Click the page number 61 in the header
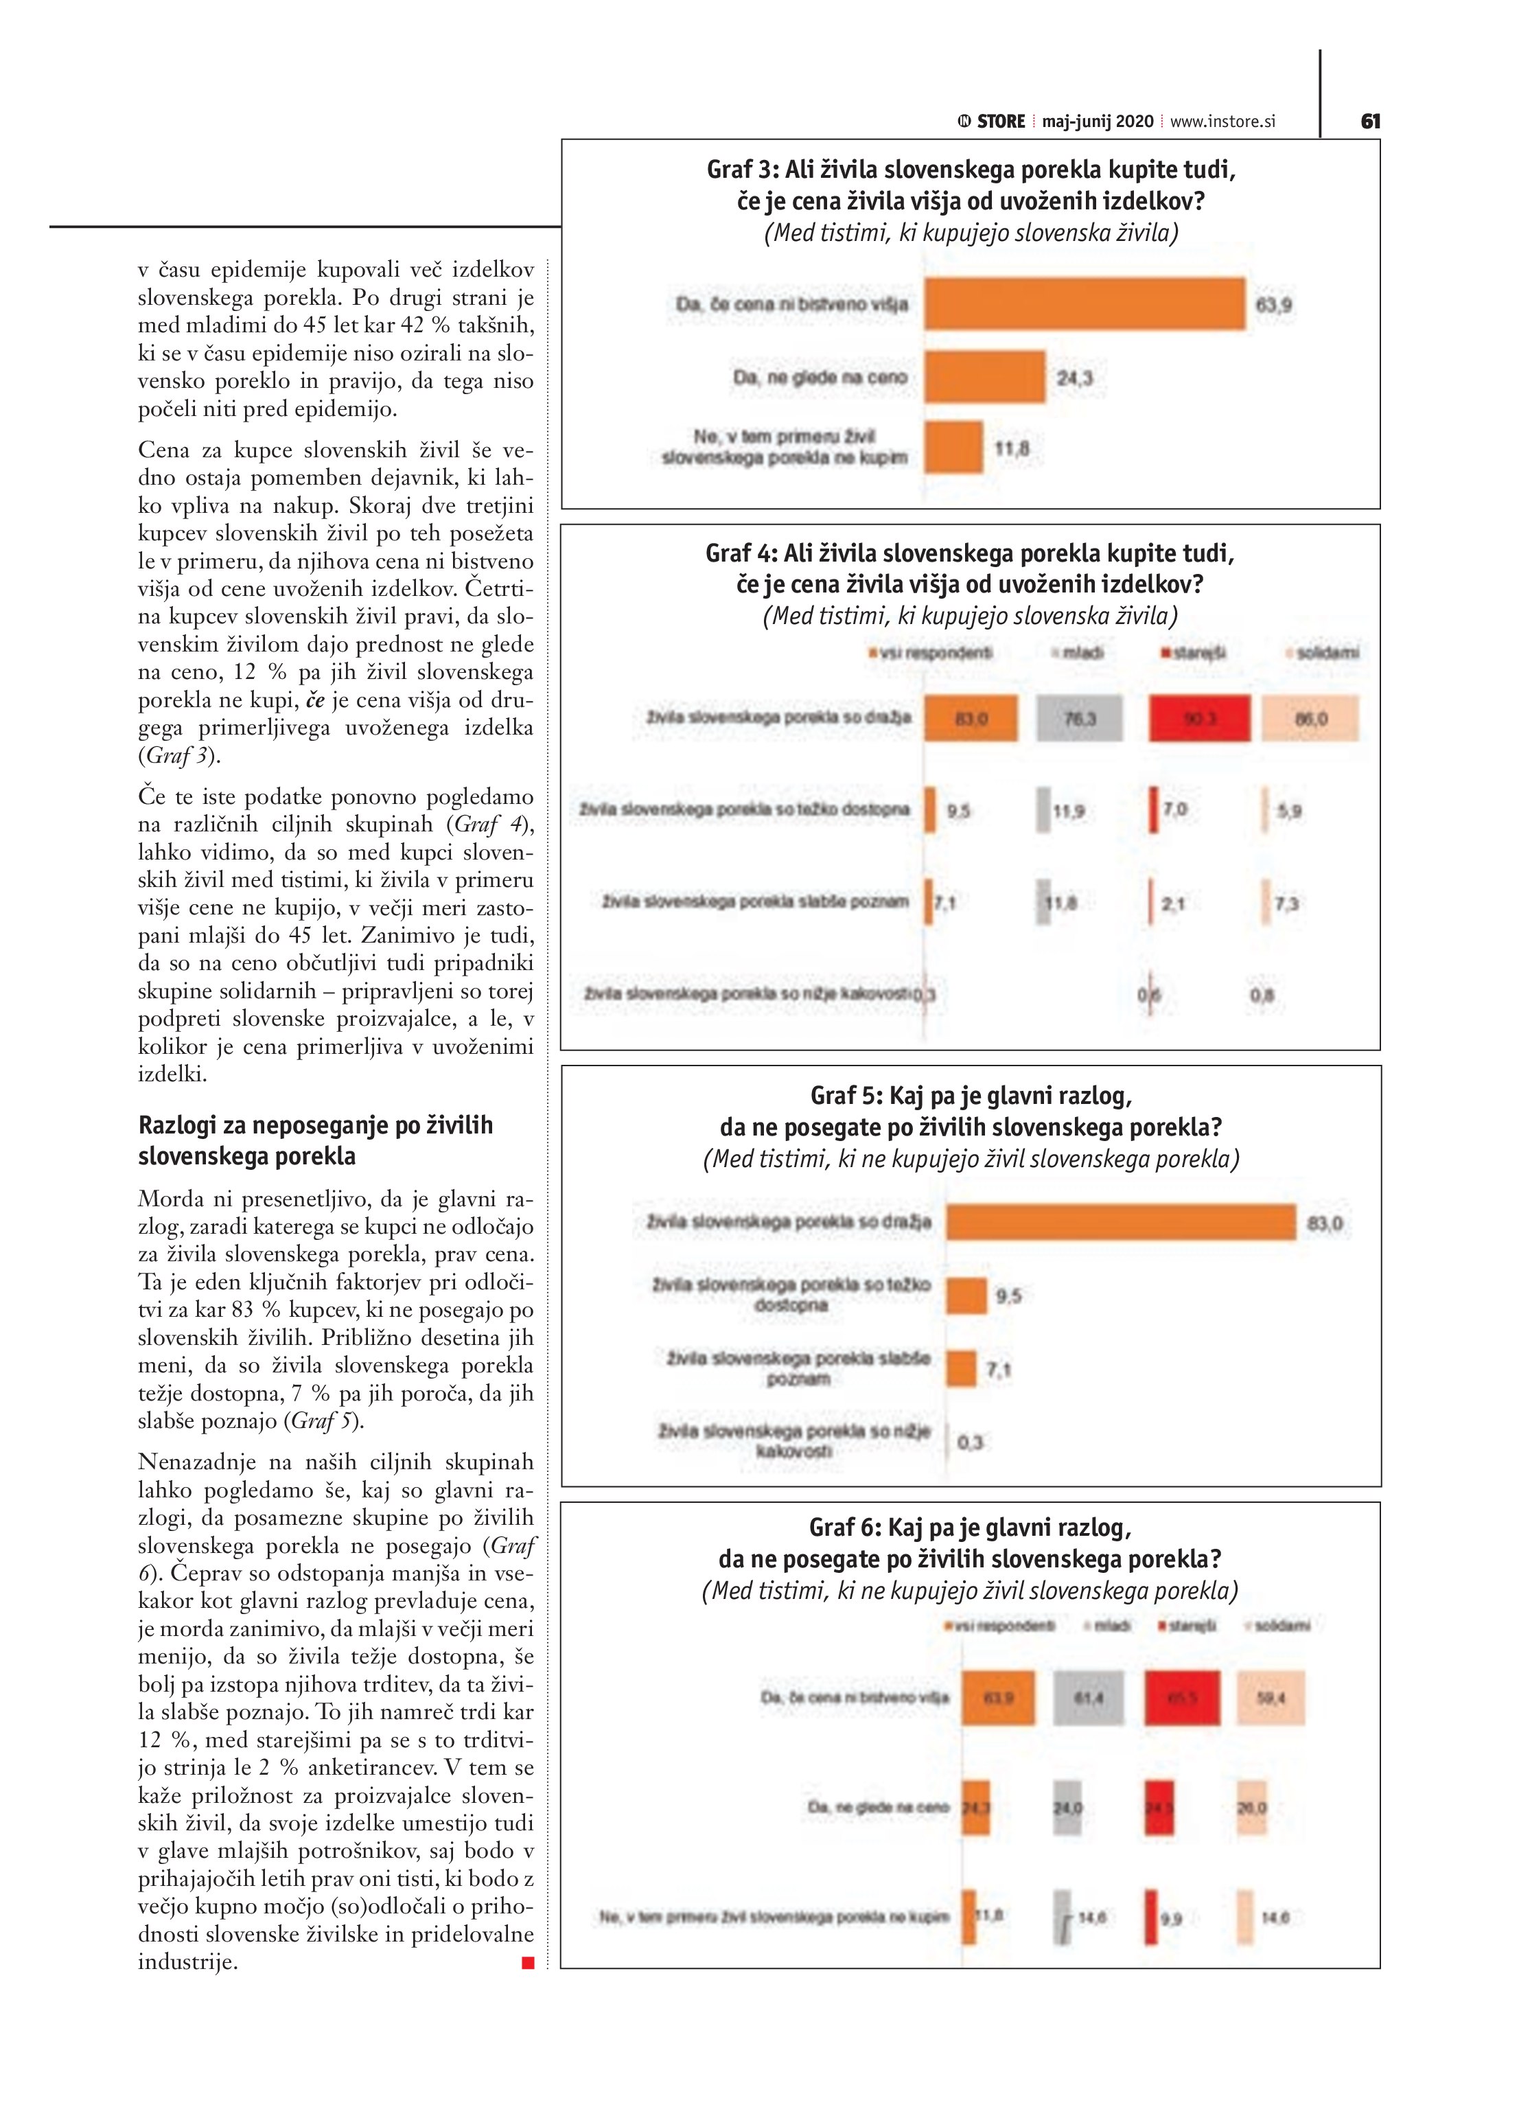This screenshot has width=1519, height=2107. pos(1370,122)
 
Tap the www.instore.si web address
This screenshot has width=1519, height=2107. pos(1222,122)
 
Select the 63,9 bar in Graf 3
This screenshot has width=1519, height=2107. pos(1085,303)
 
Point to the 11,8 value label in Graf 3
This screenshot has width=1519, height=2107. pos(1012,450)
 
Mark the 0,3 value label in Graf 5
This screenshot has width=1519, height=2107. pos(970,1442)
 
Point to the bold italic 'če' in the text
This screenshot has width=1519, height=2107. pos(315,700)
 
